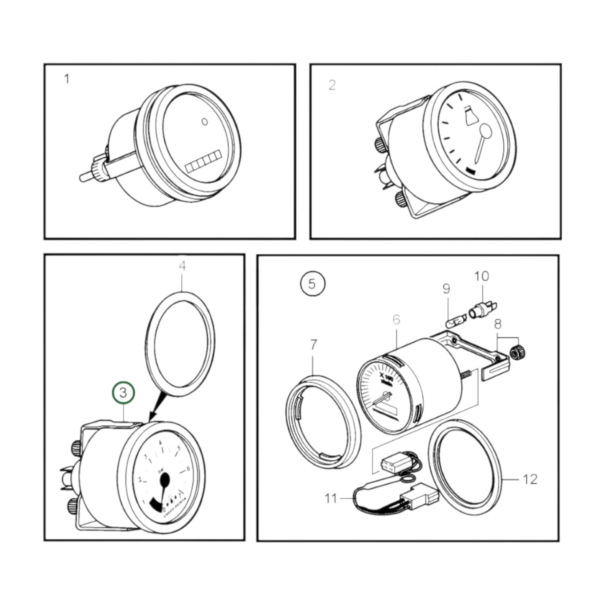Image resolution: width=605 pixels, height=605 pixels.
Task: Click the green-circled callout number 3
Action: tap(124, 393)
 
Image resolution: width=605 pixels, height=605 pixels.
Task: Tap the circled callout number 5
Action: tap(312, 284)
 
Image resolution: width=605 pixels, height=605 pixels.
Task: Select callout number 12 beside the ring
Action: tap(530, 479)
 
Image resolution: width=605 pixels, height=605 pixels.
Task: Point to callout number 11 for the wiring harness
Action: tap(331, 498)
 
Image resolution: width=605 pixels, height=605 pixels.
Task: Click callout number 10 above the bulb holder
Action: tap(481, 276)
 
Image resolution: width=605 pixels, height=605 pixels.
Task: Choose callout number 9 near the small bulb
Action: tap(446, 289)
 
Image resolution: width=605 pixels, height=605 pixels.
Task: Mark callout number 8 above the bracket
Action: tap(498, 324)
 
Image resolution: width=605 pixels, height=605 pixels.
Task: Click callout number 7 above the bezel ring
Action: tap(314, 345)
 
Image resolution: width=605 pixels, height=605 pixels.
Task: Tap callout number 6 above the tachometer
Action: tap(396, 320)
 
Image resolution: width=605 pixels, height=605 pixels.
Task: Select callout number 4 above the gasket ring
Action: tap(182, 266)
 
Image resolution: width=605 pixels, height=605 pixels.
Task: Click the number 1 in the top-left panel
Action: tap(67, 79)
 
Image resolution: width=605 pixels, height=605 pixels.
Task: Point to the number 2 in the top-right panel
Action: tap(332, 85)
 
